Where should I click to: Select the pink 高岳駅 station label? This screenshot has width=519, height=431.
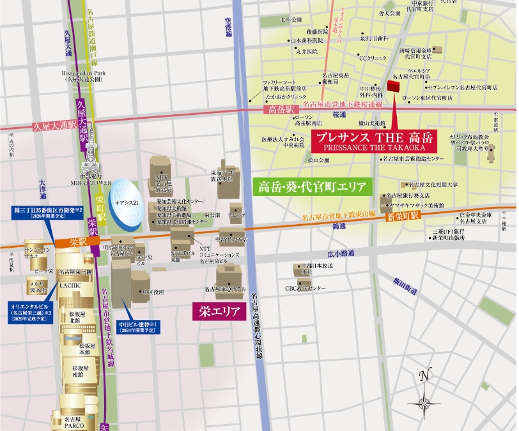pos(279,110)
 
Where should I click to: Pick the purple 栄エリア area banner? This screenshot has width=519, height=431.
pos(219,312)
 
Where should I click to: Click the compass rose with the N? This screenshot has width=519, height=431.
pos(424,395)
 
